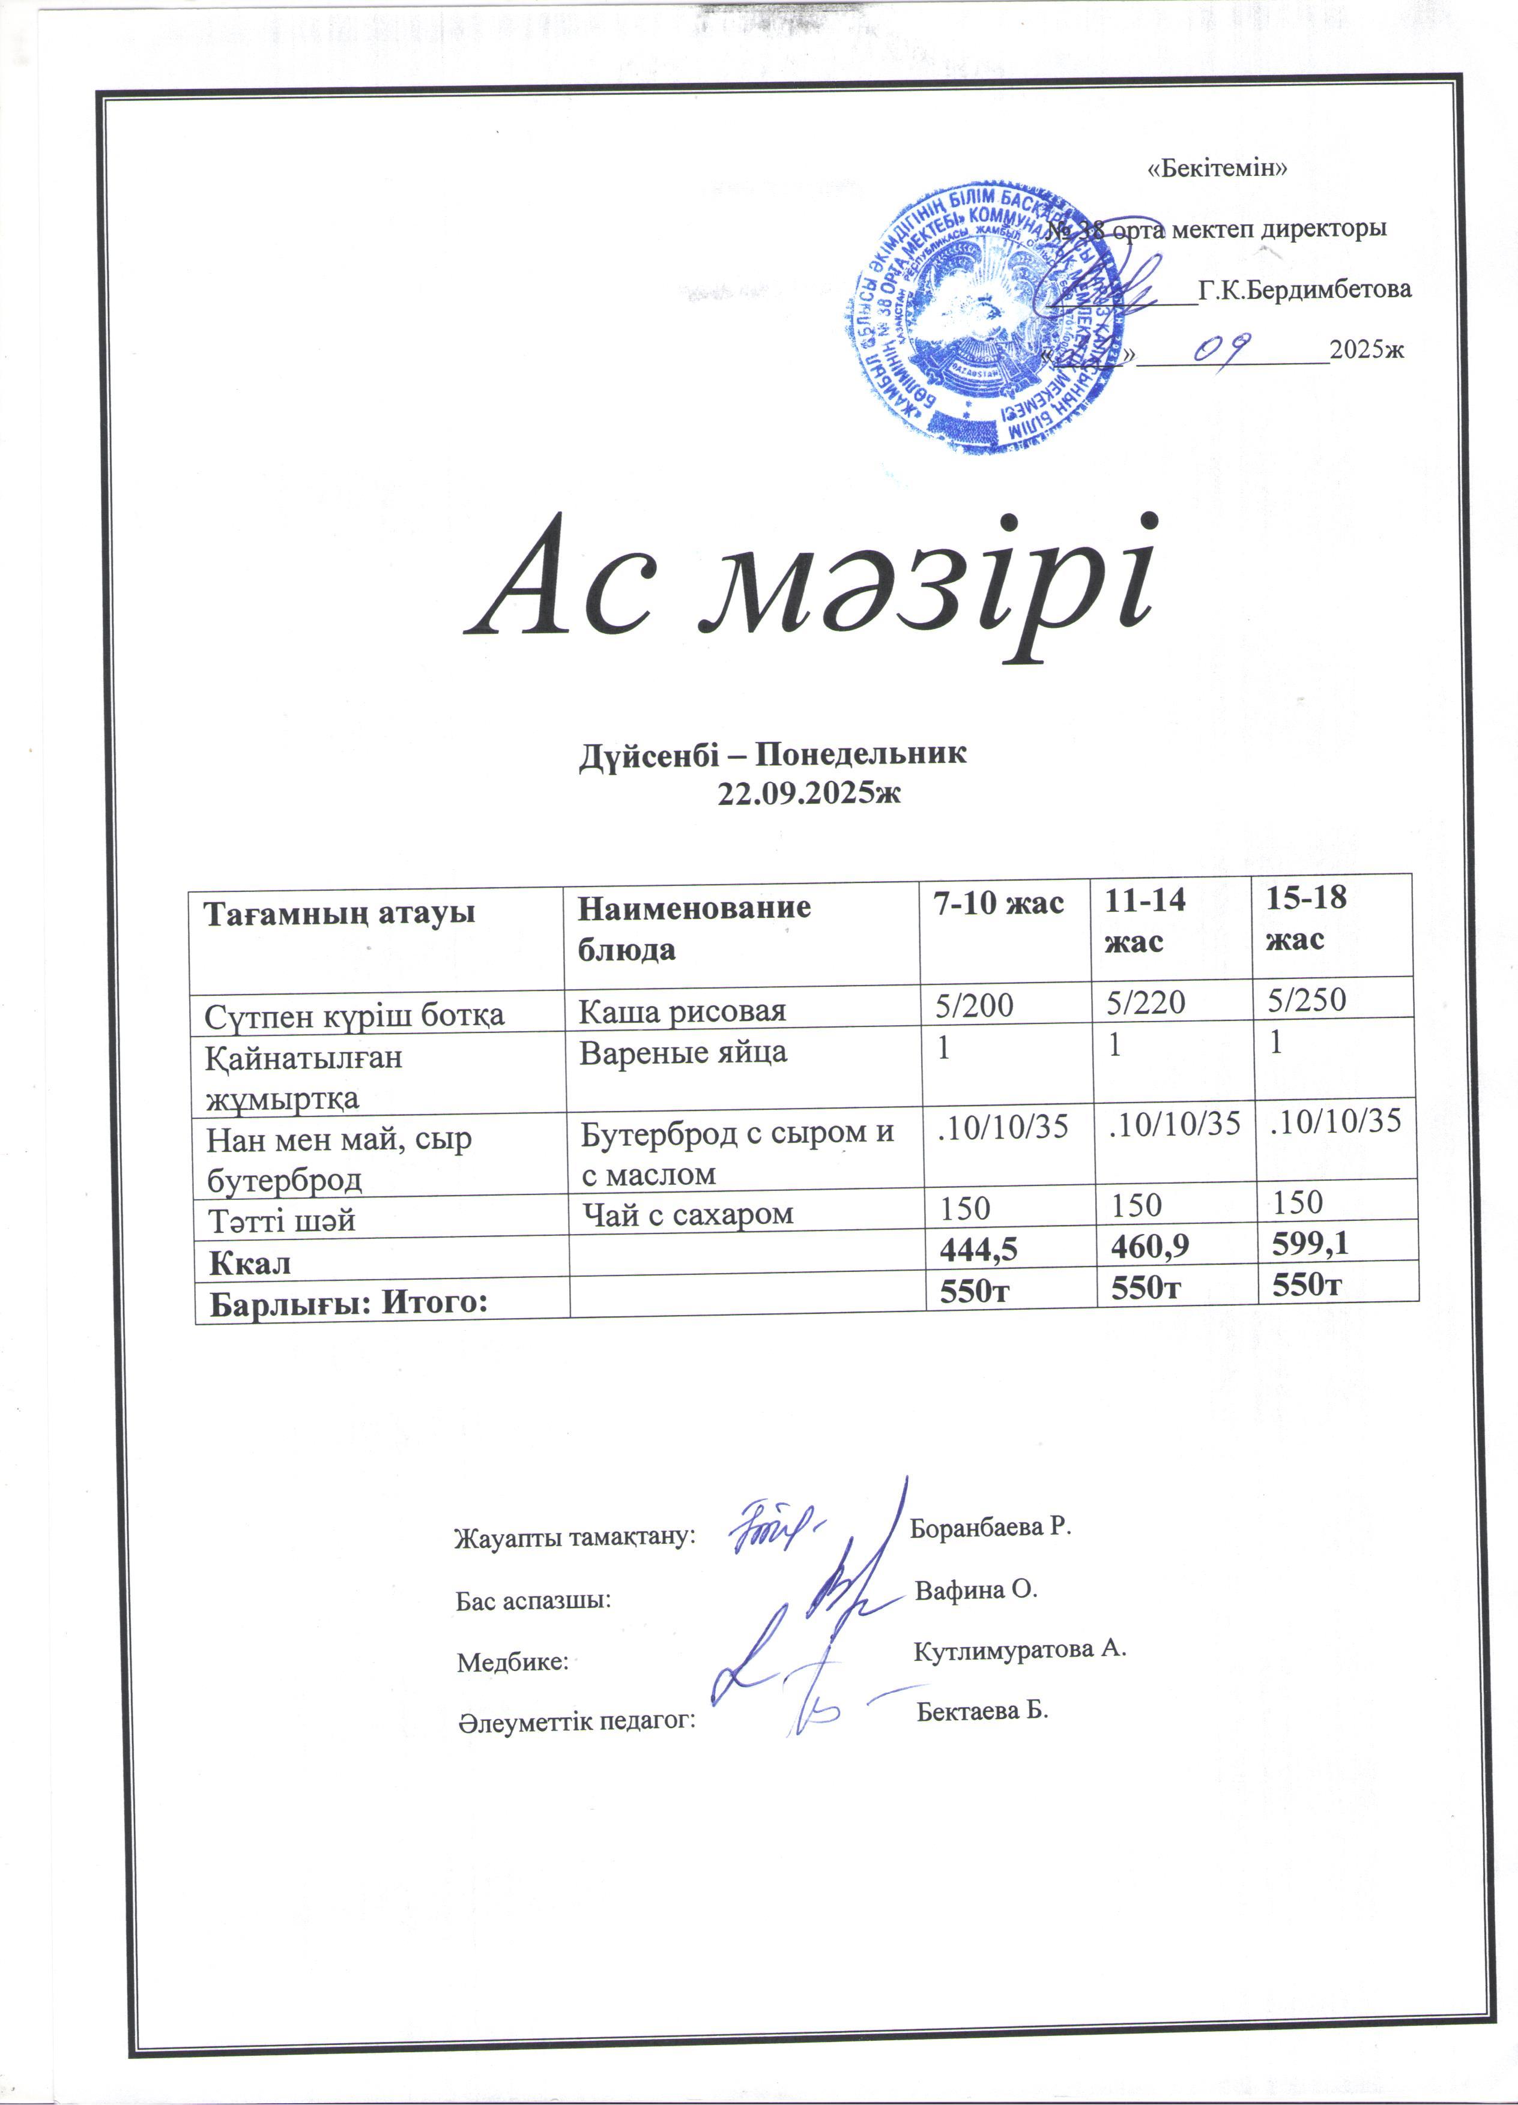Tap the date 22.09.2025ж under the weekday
click(809, 793)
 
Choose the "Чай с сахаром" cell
click(687, 1214)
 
